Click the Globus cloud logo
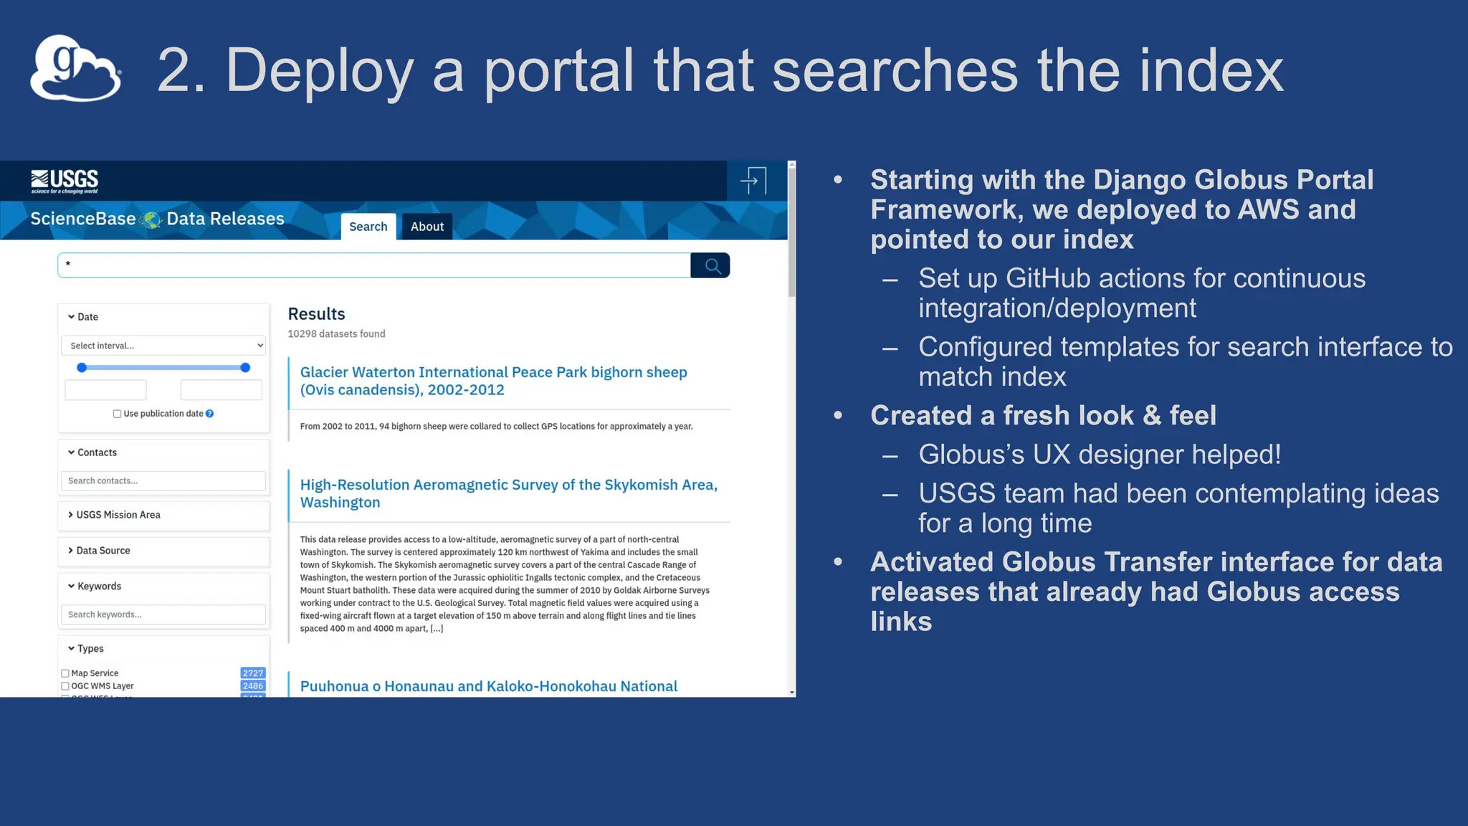(x=75, y=69)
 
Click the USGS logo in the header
(x=65, y=181)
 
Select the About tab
(x=426, y=227)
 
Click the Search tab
(x=368, y=227)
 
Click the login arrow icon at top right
(x=753, y=181)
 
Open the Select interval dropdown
(x=163, y=346)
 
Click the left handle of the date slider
(x=82, y=368)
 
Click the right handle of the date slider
(x=245, y=368)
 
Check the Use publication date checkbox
(x=117, y=414)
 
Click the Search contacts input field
(x=163, y=481)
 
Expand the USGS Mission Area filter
(x=118, y=515)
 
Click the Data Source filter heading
(x=103, y=551)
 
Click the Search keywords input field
(x=163, y=614)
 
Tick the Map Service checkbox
(x=65, y=673)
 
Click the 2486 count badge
(x=252, y=686)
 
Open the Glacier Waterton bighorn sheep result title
(x=493, y=381)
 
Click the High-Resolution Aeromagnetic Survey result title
(x=508, y=493)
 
